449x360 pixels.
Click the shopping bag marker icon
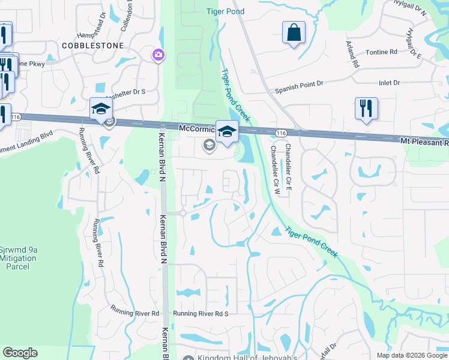pyautogui.click(x=294, y=33)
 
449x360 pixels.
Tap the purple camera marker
pyautogui.click(x=158, y=55)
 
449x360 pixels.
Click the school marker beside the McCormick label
pyautogui.click(x=228, y=132)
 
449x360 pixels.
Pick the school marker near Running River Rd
pyautogui.click(x=101, y=109)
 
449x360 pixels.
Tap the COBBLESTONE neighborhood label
pyautogui.click(x=92, y=46)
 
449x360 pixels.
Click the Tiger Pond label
pyautogui.click(x=224, y=11)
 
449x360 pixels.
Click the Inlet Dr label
pyautogui.click(x=389, y=82)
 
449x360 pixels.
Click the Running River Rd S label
pyautogui.click(x=201, y=313)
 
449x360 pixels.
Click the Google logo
pyautogui.click(x=20, y=353)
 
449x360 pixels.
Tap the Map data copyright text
pyautogui.click(x=411, y=355)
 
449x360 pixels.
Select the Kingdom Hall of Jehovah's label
pyautogui.click(x=247, y=358)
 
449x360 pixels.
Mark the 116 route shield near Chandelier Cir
pyautogui.click(x=280, y=132)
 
